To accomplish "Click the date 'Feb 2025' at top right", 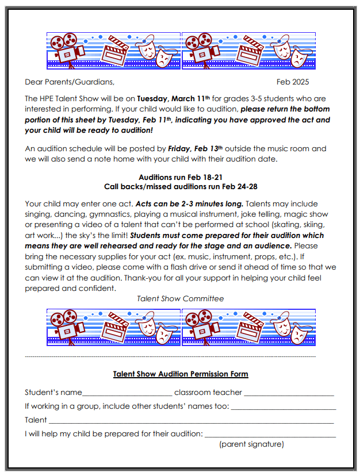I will pyautogui.click(x=292, y=82).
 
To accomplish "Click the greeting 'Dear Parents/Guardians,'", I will pyautogui.click(x=66, y=82).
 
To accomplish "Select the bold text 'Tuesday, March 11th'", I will pyautogui.click(x=174, y=99).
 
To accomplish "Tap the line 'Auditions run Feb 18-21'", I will pyautogui.click(x=179, y=178).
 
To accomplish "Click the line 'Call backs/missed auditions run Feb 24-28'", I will pyautogui.click(x=179, y=187).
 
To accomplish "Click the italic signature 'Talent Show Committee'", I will pyautogui.click(x=180, y=298).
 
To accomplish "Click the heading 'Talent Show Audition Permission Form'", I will pyautogui.click(x=180, y=374).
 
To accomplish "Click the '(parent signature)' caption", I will pyautogui.click(x=251, y=444).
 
